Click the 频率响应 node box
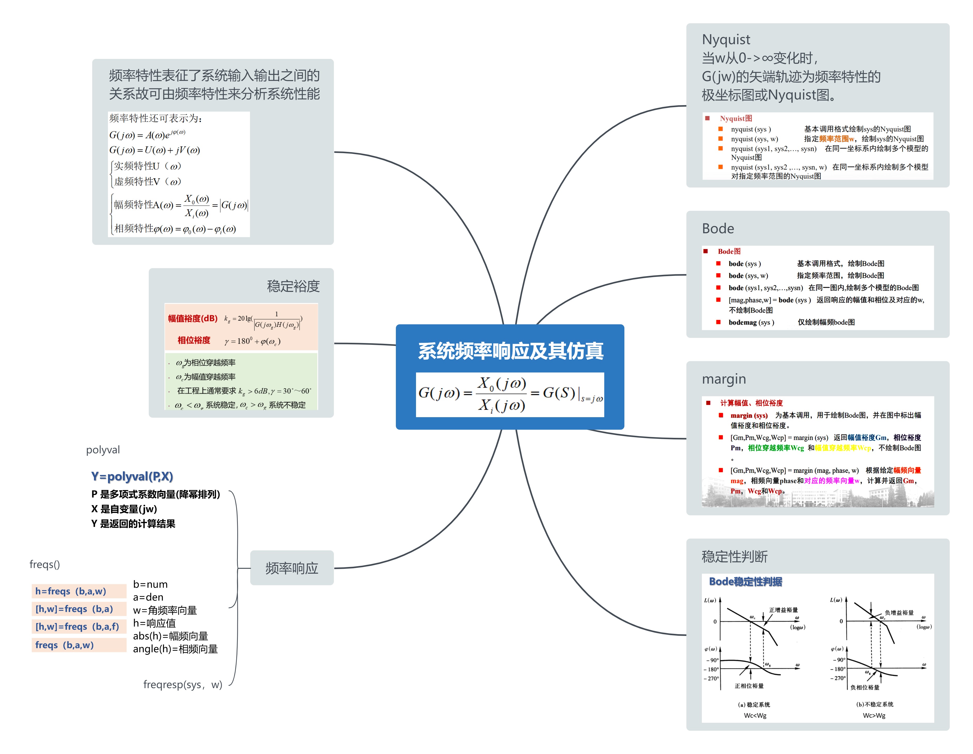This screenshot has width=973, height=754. point(292,568)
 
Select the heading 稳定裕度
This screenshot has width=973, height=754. point(293,286)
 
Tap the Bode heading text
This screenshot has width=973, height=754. point(718,229)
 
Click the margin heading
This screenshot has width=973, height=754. point(724,379)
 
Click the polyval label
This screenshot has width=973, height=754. point(103,450)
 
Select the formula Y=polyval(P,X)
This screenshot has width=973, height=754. point(132,476)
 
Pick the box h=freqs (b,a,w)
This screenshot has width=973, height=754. point(79,591)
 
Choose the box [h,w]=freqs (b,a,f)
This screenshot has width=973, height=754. point(79,627)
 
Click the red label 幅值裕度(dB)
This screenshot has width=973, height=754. point(192,319)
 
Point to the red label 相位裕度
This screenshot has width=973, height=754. point(194,340)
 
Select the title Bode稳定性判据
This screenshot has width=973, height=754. point(745,581)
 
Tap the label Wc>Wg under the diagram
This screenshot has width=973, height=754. point(874,716)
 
